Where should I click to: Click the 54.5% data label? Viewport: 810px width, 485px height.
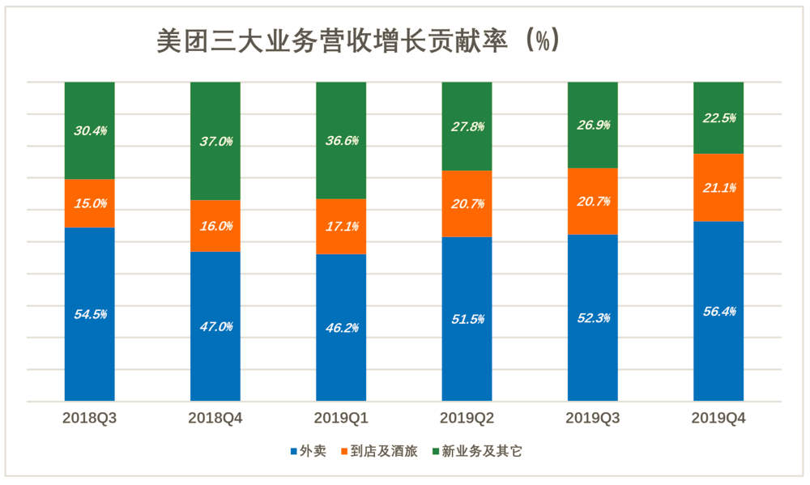pos(90,314)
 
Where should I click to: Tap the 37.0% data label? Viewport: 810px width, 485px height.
pos(215,141)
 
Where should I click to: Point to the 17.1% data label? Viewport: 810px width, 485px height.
pos(341,226)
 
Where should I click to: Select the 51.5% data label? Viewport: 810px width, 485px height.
pos(467,319)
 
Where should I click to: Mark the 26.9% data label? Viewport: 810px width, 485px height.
pos(593,125)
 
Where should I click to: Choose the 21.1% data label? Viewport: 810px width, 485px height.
pos(718,188)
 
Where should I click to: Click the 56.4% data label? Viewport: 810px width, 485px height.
pos(718,311)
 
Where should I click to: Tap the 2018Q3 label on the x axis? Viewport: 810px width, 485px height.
pos(90,419)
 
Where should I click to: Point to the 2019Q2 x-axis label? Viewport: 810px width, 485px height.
pos(467,419)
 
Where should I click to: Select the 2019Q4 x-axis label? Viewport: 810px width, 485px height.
pos(718,419)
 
